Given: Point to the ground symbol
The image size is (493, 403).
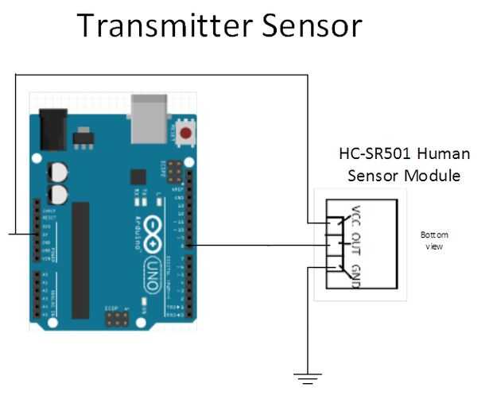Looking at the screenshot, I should (308, 378).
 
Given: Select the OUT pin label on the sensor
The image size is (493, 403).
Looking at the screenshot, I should (355, 246).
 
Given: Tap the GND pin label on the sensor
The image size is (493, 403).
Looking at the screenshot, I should (355, 274).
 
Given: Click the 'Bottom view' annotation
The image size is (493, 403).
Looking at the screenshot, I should (434, 240).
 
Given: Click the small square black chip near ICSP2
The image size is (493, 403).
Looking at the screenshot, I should (138, 176).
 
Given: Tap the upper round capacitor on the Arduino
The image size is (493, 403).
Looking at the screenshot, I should (57, 171).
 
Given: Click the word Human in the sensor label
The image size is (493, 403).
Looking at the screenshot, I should (444, 153).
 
